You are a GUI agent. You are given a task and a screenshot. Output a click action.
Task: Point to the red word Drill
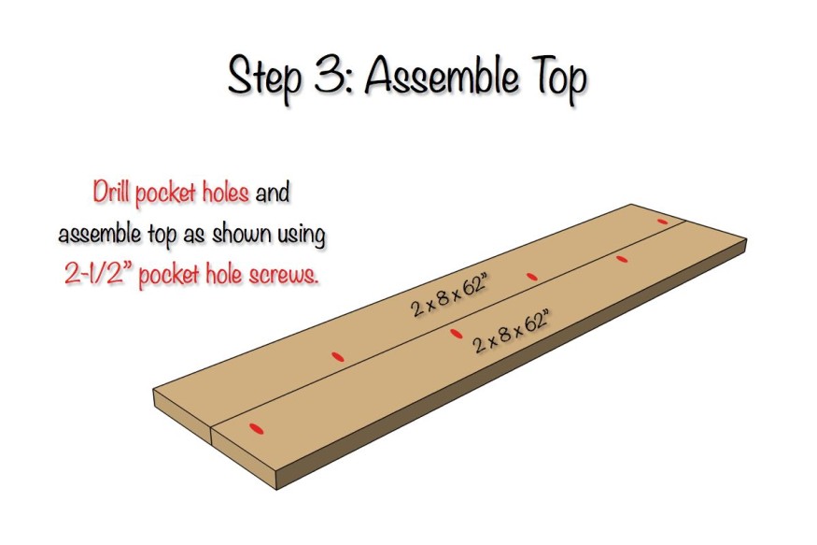pyautogui.click(x=112, y=194)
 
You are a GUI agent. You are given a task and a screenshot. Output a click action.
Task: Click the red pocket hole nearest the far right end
pyautogui.click(x=663, y=221)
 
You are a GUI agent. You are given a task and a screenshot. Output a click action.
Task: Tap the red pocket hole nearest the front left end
pyautogui.click(x=256, y=427)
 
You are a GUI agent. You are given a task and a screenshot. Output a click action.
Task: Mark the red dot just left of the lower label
pyautogui.click(x=456, y=333)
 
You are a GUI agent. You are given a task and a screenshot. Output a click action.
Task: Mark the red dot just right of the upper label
pyautogui.click(x=532, y=276)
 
